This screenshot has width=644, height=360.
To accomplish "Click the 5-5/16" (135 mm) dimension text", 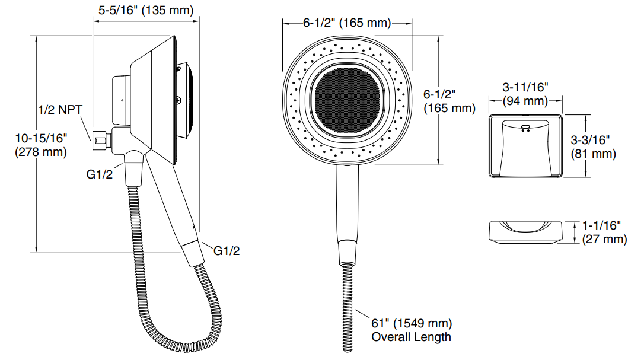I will (x=145, y=10).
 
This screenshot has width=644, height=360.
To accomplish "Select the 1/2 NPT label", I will (x=60, y=110).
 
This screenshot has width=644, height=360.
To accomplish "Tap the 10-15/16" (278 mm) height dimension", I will (x=41, y=145).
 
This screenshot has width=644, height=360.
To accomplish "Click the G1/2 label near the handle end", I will (x=227, y=251).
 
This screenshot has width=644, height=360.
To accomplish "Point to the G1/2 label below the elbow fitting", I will (x=99, y=174).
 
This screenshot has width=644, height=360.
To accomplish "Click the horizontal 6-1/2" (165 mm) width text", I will (x=347, y=23).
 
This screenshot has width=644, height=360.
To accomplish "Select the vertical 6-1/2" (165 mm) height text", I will (x=449, y=101).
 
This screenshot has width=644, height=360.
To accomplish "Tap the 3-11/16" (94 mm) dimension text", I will (x=525, y=94).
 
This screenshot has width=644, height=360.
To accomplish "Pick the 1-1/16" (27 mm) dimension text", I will (x=604, y=232).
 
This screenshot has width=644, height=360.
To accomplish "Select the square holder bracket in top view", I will (x=525, y=146).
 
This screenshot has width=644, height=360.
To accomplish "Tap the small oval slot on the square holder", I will (x=525, y=127).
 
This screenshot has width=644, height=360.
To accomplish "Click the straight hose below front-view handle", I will (x=347, y=308).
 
